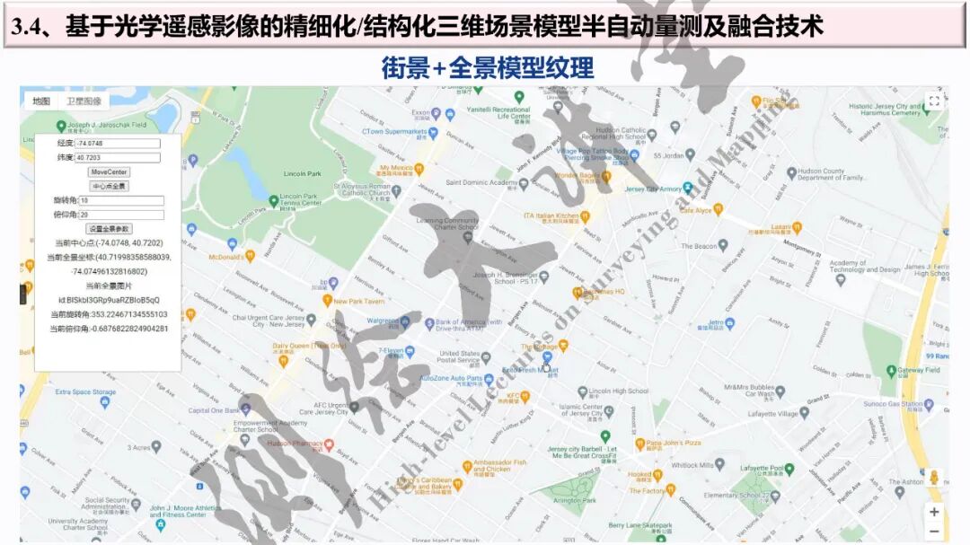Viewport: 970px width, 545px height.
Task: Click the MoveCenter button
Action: [x=109, y=171]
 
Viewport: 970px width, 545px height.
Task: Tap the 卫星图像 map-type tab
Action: [x=84, y=101]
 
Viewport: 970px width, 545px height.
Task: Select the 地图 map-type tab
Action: [x=41, y=101]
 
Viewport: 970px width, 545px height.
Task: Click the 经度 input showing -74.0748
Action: [x=118, y=144]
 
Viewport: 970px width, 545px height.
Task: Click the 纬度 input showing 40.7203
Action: [x=118, y=157]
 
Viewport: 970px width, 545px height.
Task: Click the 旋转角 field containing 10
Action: [x=121, y=200]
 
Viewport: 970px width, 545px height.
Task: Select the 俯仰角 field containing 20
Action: [x=121, y=215]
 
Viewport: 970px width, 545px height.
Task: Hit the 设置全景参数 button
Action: [x=109, y=229]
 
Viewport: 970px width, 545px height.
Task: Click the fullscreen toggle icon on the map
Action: [x=934, y=101]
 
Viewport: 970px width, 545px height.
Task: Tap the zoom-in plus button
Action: [x=934, y=512]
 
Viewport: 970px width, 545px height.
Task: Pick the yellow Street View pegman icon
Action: [x=934, y=478]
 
